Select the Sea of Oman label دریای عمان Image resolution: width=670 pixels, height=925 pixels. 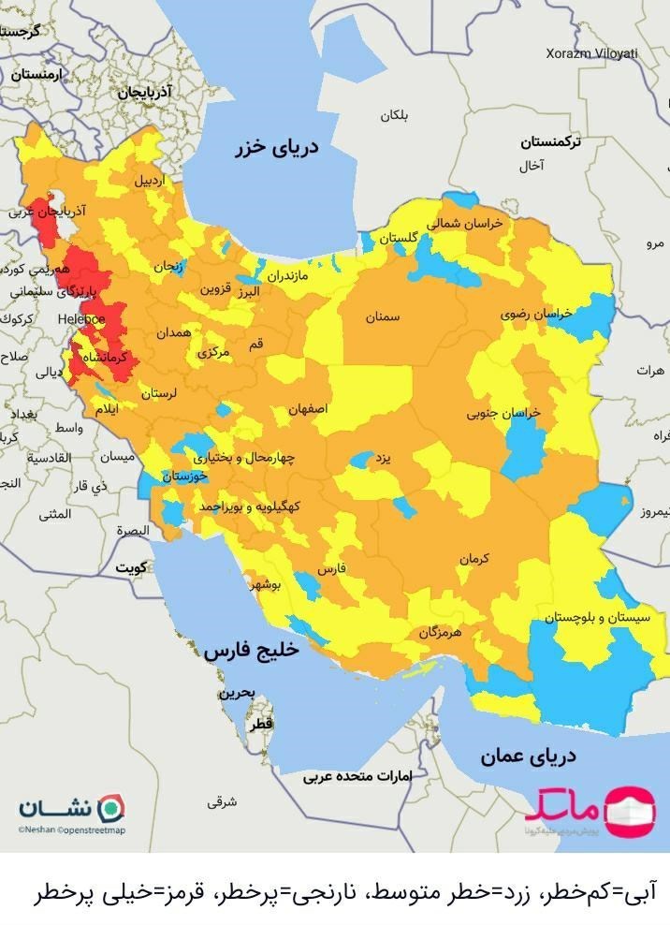click(528, 756)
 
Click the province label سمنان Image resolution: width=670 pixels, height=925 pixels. click(382, 317)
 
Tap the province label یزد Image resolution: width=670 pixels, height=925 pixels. click(381, 460)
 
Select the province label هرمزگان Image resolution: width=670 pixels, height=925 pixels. click(441, 633)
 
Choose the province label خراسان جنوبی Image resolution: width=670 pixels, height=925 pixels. click(504, 413)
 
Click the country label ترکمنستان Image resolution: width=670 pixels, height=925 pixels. click(550, 142)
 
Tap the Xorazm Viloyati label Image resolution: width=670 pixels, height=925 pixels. click(591, 53)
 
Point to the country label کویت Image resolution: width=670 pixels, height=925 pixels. click(132, 568)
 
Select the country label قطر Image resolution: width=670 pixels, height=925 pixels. click(262, 725)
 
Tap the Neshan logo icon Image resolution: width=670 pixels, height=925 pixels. click(112, 808)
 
